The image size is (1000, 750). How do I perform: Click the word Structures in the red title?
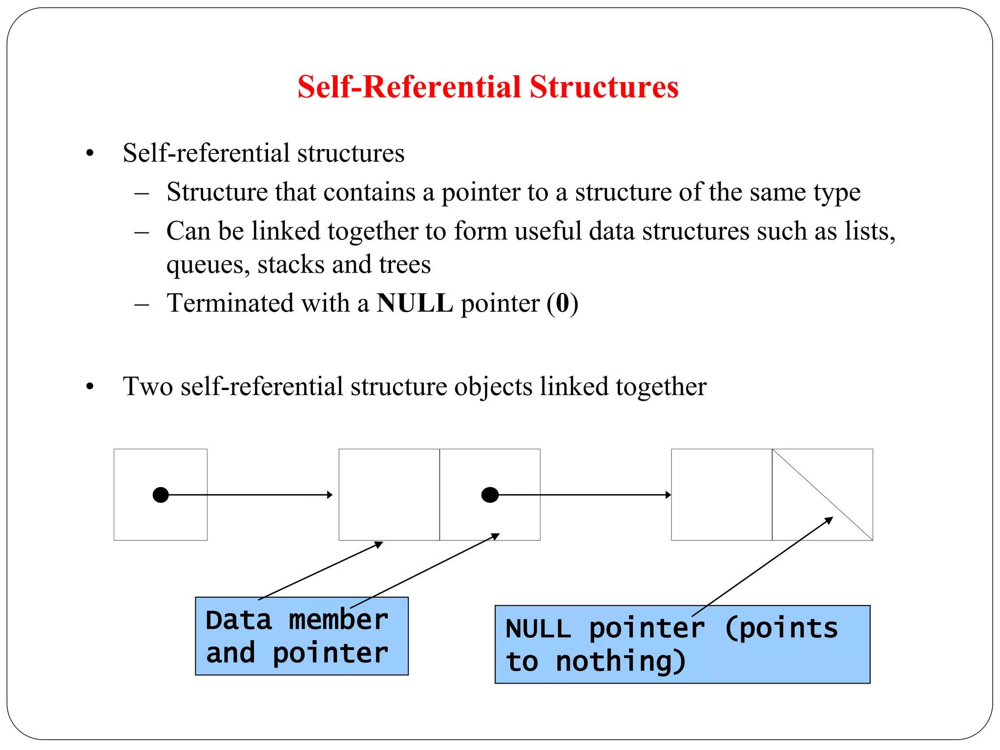tap(604, 87)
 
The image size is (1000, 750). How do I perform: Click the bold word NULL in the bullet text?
tap(415, 303)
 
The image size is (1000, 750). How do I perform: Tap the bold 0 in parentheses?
tap(562, 303)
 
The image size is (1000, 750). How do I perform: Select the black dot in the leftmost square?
tap(161, 495)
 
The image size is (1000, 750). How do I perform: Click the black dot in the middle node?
tap(490, 495)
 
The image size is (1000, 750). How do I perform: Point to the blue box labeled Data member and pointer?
tap(301, 636)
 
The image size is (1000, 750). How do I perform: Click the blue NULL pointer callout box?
tap(682, 645)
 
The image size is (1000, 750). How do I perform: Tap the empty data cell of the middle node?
tap(389, 494)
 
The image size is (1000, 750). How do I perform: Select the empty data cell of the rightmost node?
tap(721, 494)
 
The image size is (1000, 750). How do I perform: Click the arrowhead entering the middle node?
tap(330, 495)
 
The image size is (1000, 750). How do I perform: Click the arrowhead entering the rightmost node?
tap(668, 495)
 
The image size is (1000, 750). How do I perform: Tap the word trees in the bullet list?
tap(405, 265)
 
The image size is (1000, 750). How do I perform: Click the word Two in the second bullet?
tap(148, 387)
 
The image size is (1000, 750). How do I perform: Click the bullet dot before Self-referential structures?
tap(89, 154)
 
